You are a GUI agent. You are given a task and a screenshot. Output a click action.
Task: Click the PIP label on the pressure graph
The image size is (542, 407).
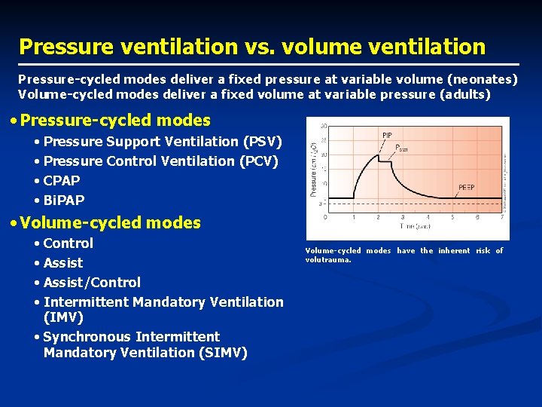pos(387,136)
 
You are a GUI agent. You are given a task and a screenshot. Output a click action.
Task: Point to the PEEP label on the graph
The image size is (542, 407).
pos(467,187)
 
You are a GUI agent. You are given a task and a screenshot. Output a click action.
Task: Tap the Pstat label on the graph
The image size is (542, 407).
pos(401,149)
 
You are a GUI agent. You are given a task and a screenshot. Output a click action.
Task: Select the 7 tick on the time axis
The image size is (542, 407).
pos(503,217)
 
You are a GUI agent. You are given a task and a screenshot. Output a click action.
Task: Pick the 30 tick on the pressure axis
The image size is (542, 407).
pos(323,126)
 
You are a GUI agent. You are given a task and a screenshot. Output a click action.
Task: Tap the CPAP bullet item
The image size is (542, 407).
pos(62,181)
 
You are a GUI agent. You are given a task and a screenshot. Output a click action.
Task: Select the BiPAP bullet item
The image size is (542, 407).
pos(64,200)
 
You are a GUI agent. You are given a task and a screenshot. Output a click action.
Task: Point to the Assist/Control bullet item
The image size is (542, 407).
pos(92,283)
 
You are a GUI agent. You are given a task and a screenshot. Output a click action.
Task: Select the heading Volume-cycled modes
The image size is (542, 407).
pos(111,223)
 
